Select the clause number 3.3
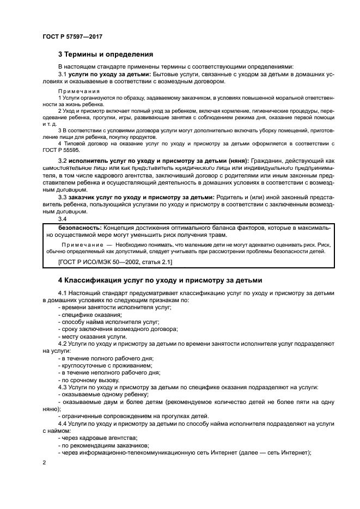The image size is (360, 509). (x=62, y=197)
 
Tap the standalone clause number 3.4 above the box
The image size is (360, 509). (x=62, y=218)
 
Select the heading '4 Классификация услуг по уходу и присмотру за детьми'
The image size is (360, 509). (x=160, y=280)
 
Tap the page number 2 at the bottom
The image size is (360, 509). (x=44, y=462)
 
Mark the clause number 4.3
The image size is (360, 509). (x=63, y=387)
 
